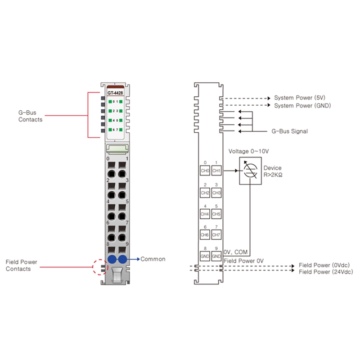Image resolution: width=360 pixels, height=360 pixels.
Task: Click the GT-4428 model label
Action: click(x=115, y=93)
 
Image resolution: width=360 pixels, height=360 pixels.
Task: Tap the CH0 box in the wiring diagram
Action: click(x=205, y=171)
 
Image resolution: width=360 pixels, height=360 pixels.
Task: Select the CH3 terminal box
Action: click(x=216, y=193)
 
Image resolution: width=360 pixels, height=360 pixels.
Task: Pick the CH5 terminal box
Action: click(x=216, y=214)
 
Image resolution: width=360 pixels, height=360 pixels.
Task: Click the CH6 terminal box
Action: click(x=205, y=234)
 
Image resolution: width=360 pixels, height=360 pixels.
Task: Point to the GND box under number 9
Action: click(x=216, y=256)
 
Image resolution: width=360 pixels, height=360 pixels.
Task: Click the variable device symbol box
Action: click(x=250, y=171)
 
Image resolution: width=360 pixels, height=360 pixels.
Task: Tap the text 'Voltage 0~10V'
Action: click(x=249, y=151)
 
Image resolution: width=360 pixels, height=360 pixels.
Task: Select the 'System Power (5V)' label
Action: click(x=300, y=98)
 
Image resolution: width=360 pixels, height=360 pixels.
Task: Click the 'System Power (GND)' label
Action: click(x=302, y=106)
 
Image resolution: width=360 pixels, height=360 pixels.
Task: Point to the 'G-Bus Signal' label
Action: click(x=289, y=131)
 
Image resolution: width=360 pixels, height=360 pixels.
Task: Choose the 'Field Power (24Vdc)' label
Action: click(x=326, y=272)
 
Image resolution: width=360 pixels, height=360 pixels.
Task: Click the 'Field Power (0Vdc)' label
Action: click(x=324, y=265)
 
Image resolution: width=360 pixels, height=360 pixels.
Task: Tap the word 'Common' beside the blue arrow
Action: click(x=153, y=259)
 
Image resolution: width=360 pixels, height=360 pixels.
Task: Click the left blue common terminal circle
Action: click(x=112, y=259)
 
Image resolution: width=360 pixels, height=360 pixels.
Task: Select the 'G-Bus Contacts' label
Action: click(x=30, y=116)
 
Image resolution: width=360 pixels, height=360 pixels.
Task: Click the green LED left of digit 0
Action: click(x=110, y=102)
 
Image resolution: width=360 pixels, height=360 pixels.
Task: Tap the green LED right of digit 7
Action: click(x=121, y=130)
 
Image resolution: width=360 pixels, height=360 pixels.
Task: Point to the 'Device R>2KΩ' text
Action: click(x=273, y=171)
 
